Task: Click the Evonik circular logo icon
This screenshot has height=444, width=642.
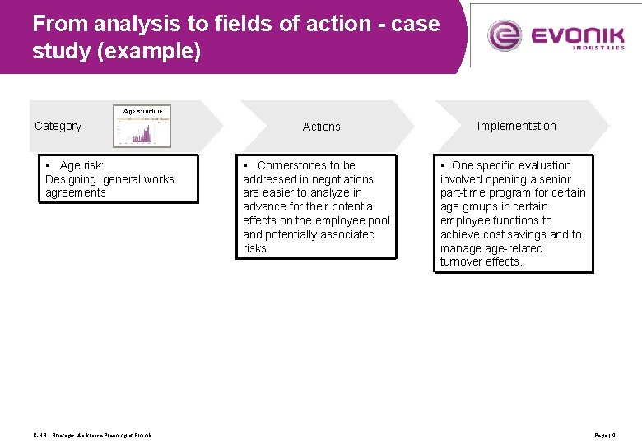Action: [x=505, y=35]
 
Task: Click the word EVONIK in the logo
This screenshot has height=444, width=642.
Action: [x=577, y=35]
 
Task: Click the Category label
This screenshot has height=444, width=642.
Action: [x=58, y=126]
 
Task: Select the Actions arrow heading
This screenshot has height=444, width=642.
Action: [x=321, y=127]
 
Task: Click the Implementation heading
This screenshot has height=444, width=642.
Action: [x=516, y=126]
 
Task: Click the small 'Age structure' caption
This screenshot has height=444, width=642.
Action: [x=142, y=111]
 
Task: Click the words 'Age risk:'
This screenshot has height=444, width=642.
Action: [x=81, y=165]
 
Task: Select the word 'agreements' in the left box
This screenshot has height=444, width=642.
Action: [x=76, y=192]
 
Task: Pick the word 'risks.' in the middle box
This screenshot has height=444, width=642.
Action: [x=256, y=248]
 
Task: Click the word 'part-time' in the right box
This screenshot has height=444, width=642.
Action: [x=465, y=192]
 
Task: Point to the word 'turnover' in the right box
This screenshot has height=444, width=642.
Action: [x=463, y=261]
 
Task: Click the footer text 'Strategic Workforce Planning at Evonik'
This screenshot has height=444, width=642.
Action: [x=102, y=435]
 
